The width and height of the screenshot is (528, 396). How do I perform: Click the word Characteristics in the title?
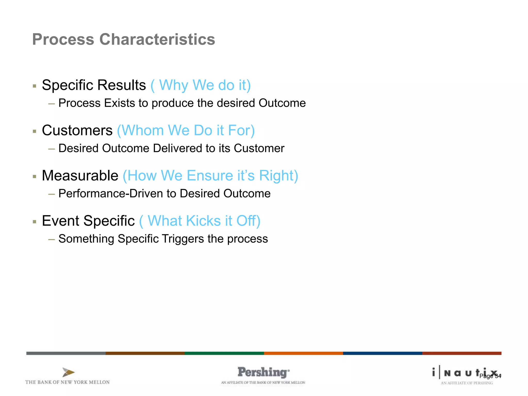157,39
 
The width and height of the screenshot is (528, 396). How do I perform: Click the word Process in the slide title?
63,39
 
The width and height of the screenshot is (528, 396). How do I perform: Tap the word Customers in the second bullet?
77,130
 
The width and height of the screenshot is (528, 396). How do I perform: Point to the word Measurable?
80,176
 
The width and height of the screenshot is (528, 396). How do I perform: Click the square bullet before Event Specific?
35,221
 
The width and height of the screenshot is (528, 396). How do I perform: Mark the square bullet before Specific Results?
35,86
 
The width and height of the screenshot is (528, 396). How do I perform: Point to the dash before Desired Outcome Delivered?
52,149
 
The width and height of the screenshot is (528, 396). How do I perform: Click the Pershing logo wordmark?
263,372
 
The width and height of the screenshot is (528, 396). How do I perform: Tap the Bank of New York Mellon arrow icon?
68,372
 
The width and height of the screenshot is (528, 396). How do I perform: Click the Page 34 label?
490,376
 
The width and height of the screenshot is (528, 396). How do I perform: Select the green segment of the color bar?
224,353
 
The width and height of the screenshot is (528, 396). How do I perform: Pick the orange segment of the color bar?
303,353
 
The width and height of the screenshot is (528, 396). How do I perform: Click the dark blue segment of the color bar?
382,353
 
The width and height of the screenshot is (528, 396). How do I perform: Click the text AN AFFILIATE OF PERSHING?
467,383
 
